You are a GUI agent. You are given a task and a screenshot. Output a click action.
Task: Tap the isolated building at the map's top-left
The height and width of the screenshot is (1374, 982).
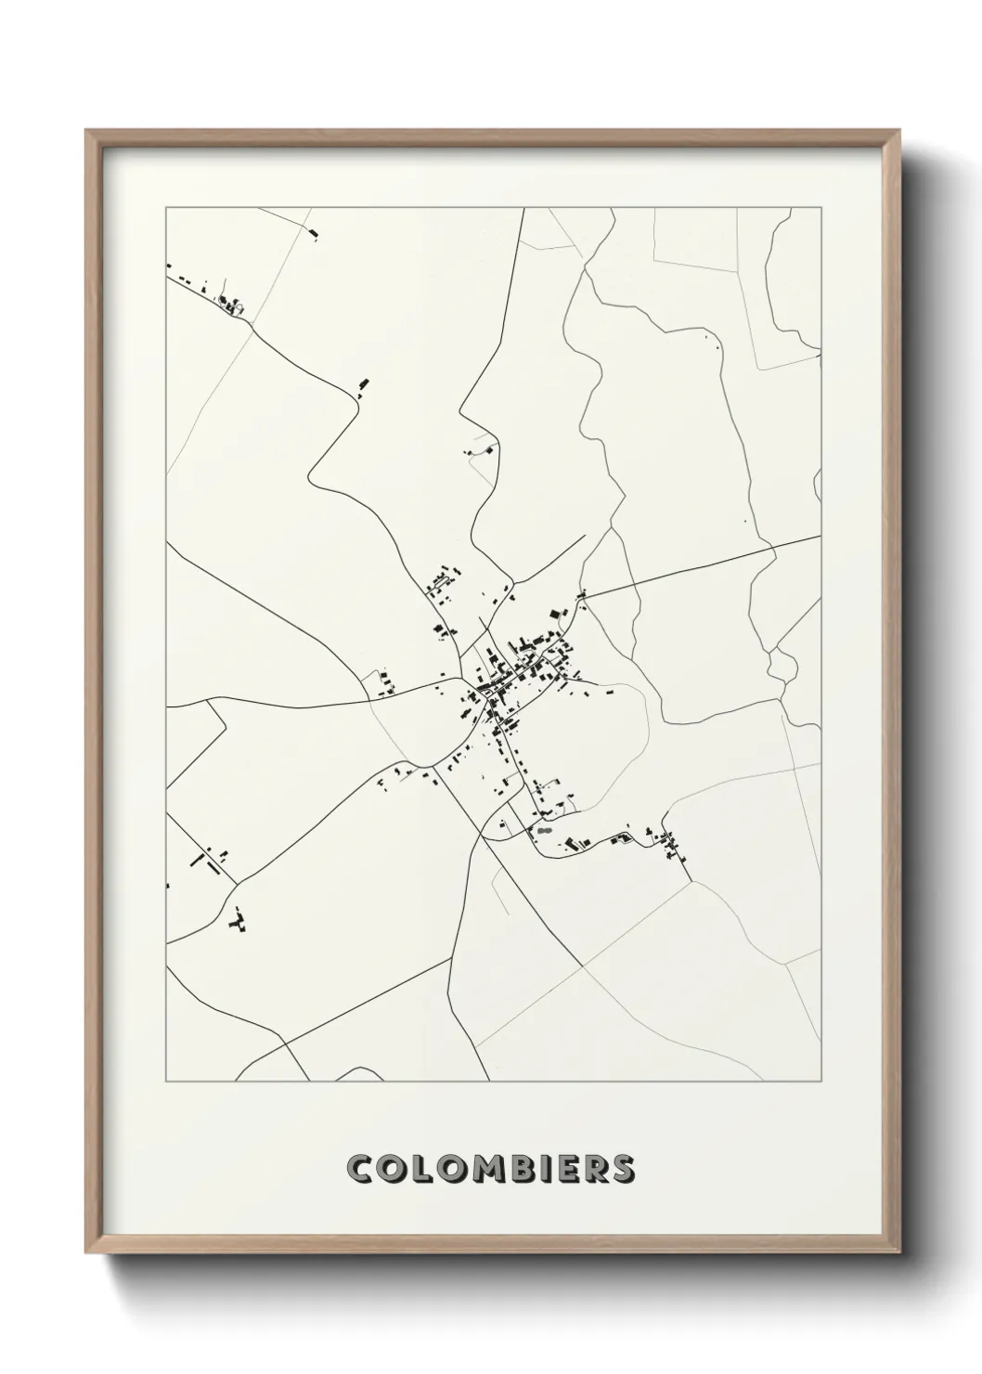coord(313,233)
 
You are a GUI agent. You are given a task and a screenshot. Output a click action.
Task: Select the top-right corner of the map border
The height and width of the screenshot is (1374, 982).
coord(820,208)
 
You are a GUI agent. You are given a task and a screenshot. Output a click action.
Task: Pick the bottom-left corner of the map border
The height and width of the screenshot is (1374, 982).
coord(166,1082)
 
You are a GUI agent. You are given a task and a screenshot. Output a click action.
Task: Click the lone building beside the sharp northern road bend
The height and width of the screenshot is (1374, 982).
coord(364,384)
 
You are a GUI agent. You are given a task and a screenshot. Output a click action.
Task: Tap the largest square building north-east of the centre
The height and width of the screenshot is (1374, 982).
coord(557,614)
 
